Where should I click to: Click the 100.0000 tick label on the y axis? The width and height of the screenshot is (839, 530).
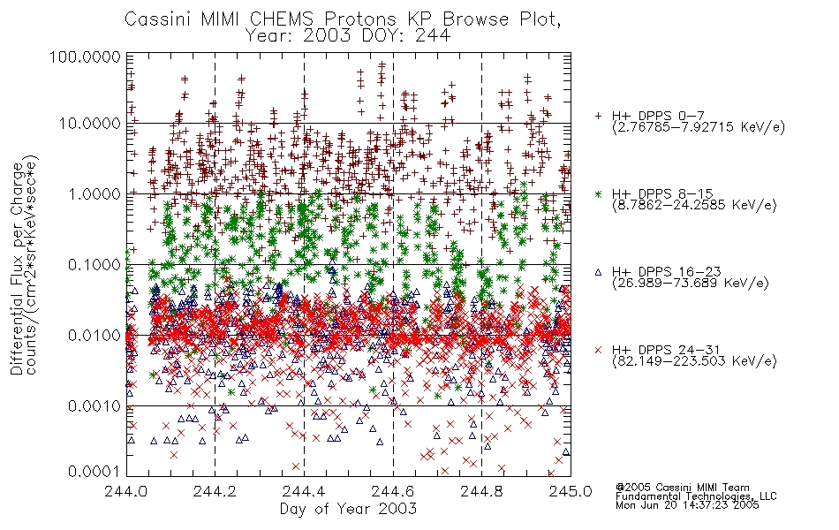tap(86, 57)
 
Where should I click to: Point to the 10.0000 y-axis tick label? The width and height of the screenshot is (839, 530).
tap(90, 124)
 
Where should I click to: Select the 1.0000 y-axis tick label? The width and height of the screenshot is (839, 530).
tap(94, 193)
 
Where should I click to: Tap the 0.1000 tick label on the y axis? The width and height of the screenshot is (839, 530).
tap(94, 264)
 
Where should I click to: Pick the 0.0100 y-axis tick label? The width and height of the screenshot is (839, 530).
tap(94, 336)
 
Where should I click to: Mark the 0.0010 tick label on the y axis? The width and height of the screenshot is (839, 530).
tap(94, 406)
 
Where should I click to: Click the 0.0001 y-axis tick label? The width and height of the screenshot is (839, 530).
tap(94, 471)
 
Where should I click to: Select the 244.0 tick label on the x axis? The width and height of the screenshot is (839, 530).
tap(127, 491)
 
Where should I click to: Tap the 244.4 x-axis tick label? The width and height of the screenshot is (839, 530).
tap(304, 491)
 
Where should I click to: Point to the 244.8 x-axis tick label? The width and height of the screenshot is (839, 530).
tap(481, 491)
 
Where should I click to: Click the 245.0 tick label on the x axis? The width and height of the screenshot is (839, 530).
tap(571, 491)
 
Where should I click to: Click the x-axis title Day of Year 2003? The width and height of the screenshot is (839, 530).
tap(348, 509)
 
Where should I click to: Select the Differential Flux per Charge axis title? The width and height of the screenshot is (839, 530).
tap(17, 269)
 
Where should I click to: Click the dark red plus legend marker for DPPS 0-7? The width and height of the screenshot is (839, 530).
tap(598, 116)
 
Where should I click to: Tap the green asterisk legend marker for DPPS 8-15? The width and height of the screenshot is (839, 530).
tap(598, 193)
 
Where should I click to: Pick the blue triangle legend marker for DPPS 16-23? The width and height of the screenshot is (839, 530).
tap(598, 272)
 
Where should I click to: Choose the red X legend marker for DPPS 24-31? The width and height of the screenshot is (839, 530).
tap(598, 350)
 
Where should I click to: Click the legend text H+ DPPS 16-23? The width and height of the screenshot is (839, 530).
tap(666, 272)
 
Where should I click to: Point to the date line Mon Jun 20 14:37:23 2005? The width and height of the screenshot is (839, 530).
tap(687, 505)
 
